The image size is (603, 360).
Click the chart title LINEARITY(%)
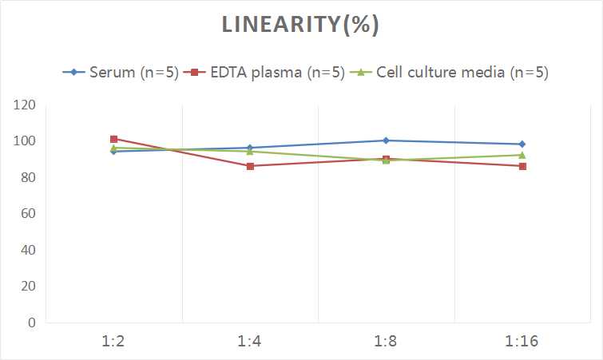300,25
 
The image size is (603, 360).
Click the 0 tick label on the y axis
32,322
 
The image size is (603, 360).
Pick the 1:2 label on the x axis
113,342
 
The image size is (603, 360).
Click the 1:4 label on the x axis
250,342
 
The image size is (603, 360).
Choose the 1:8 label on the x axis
386,342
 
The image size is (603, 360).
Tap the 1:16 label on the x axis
522,342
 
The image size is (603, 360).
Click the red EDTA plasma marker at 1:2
113,139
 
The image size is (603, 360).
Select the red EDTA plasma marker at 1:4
250,166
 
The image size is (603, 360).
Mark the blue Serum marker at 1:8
386,140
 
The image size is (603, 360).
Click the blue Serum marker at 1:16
522,144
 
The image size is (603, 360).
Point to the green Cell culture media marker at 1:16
522,155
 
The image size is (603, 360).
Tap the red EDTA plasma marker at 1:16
522,166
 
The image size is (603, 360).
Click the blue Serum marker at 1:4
250,148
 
